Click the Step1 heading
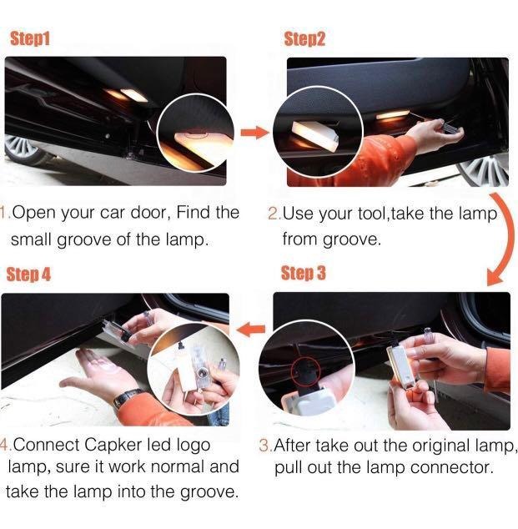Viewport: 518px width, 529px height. pyautogui.click(x=30, y=38)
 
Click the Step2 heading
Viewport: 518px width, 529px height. pyautogui.click(x=304, y=38)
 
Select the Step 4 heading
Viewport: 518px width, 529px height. pyautogui.click(x=28, y=275)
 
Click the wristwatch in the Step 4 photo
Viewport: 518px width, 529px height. pyautogui.click(x=126, y=399)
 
